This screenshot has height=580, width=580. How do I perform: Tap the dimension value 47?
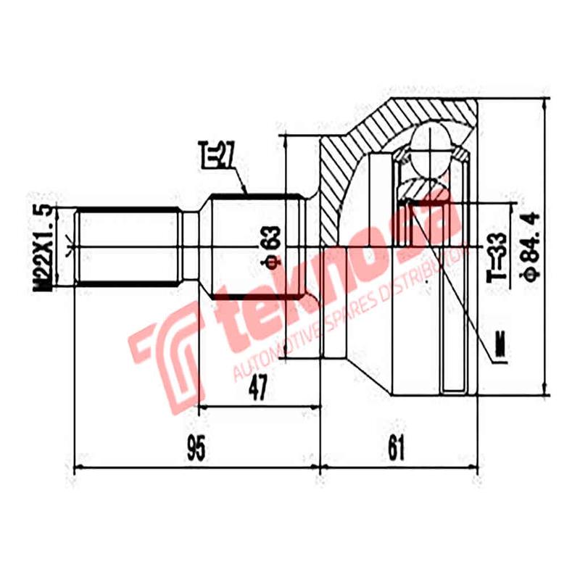pos(257,389)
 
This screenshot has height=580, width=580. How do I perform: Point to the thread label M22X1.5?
pos(45,248)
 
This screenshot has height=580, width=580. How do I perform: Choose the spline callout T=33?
pos(497,260)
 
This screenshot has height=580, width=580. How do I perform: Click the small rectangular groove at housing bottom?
pos(454,377)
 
